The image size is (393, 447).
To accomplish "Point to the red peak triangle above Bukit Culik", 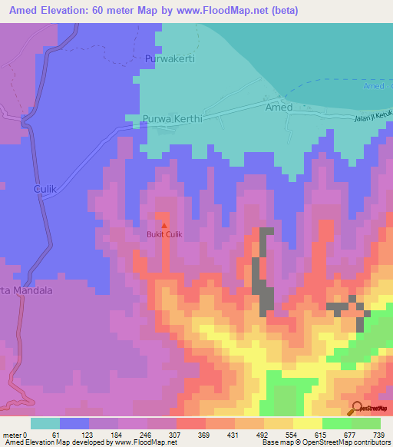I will (163, 225).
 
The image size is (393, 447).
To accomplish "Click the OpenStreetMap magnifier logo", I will (358, 408).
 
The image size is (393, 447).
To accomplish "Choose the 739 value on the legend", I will (378, 435).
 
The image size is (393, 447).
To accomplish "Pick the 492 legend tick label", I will (262, 435).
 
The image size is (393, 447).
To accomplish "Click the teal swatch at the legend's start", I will (45, 423).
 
